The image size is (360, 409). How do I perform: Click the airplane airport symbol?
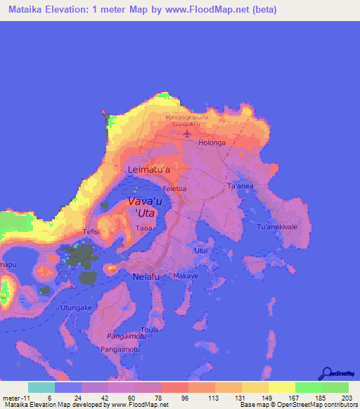(x=186, y=133)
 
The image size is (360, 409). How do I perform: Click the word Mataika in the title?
(x=23, y=10)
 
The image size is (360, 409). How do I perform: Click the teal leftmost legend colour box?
(x=41, y=387)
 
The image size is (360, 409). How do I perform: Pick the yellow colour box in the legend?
(x=281, y=387)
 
